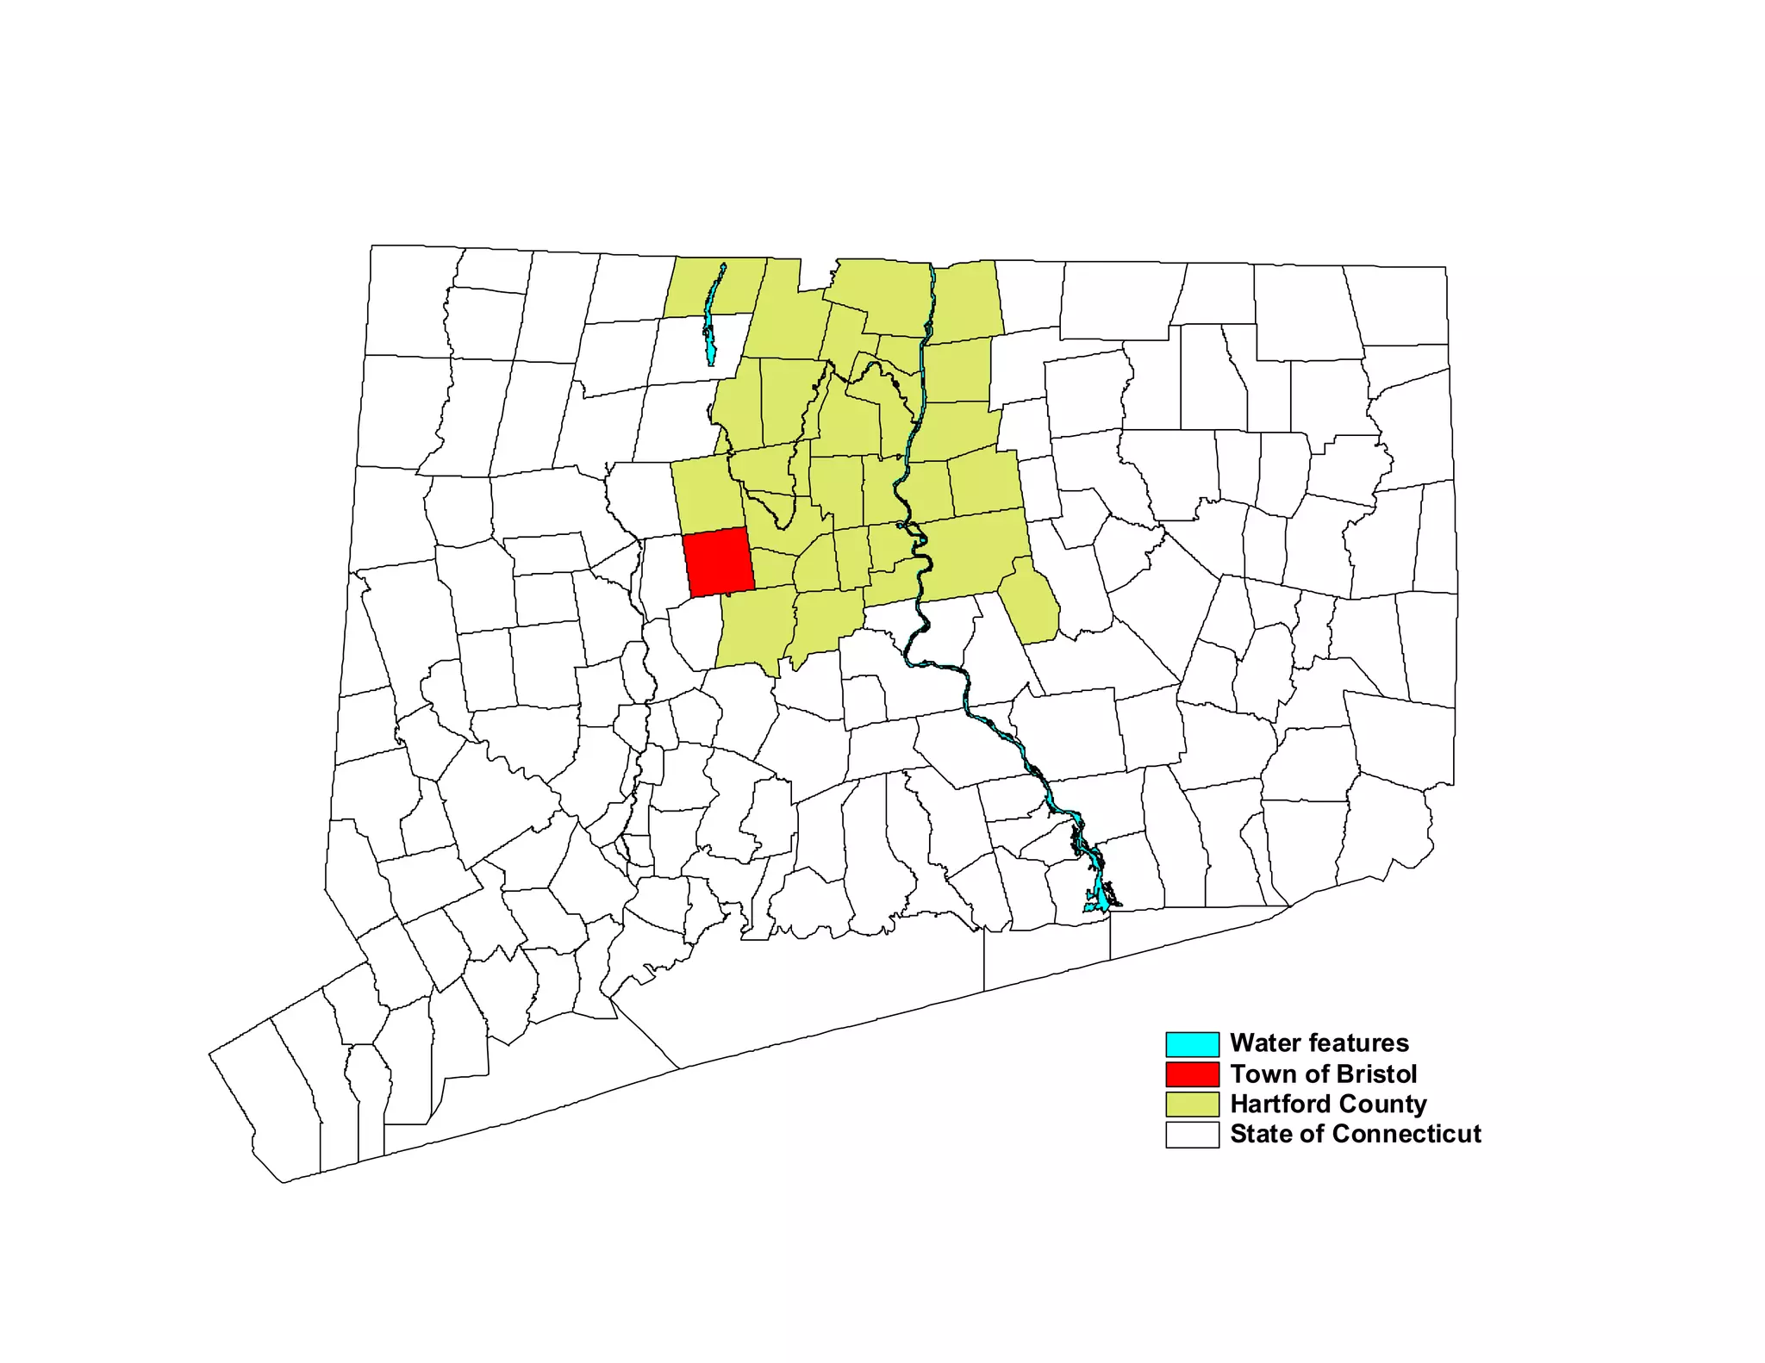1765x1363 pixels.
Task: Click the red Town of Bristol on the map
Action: pos(718,561)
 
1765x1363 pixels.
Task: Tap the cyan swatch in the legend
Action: pos(1192,1044)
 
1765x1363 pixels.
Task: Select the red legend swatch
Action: pos(1192,1074)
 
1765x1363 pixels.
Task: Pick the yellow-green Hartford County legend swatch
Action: pos(1192,1105)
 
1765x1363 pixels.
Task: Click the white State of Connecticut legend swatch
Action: pos(1192,1135)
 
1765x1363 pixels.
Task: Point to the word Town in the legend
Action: pos(1259,1074)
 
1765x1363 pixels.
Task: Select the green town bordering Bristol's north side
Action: pos(708,497)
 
